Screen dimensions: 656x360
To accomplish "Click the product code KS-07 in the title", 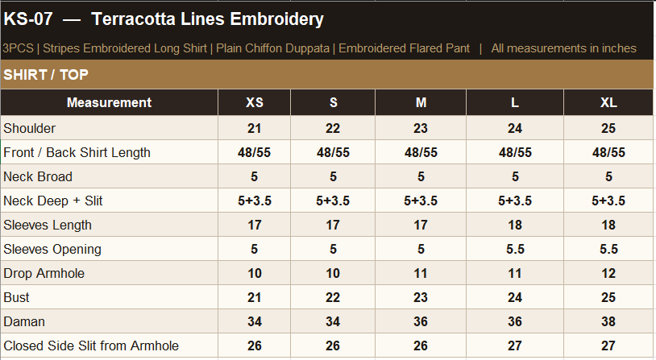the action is pyautogui.click(x=28, y=19).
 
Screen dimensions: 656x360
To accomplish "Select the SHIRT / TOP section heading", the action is pyautogui.click(x=46, y=74).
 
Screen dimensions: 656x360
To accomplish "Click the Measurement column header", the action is pyautogui.click(x=109, y=102).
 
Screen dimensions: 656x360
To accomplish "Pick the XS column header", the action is pyautogui.click(x=255, y=102).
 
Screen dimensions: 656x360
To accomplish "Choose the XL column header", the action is pyautogui.click(x=608, y=102).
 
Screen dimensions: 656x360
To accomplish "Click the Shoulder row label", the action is pyautogui.click(x=29, y=128).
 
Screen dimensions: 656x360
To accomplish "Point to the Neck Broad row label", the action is pyautogui.click(x=38, y=176).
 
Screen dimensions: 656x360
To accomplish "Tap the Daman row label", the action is pyautogui.click(x=24, y=321).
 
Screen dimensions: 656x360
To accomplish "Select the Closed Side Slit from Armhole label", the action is pyautogui.click(x=91, y=346).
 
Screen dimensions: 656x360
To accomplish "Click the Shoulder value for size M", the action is pyautogui.click(x=421, y=128).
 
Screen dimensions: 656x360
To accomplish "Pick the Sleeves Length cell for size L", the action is pyautogui.click(x=515, y=225).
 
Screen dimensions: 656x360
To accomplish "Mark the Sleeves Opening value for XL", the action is pyautogui.click(x=608, y=249).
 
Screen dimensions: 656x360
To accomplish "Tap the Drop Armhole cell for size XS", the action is pyautogui.click(x=255, y=274).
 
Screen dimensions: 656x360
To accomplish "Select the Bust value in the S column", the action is pyautogui.click(x=333, y=297).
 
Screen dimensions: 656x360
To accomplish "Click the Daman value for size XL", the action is pyautogui.click(x=608, y=321).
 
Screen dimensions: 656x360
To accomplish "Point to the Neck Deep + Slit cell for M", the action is pyautogui.click(x=421, y=201).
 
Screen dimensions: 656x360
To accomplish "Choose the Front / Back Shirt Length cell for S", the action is pyautogui.click(x=333, y=152).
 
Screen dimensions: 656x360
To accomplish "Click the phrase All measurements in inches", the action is pyautogui.click(x=563, y=48).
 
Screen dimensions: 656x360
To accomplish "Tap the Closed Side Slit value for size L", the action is pyautogui.click(x=515, y=346).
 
